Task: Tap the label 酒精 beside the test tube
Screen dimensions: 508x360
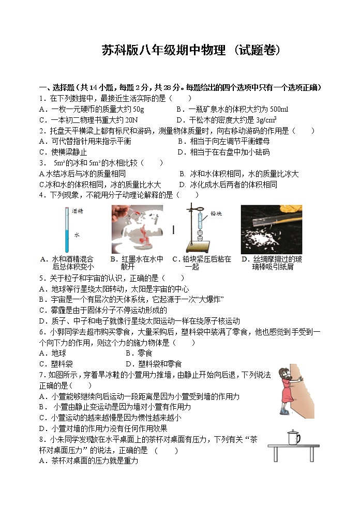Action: [x=78, y=211]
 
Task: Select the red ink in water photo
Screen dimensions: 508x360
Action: [x=137, y=229]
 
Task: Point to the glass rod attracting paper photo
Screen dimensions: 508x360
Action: [x=271, y=229]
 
